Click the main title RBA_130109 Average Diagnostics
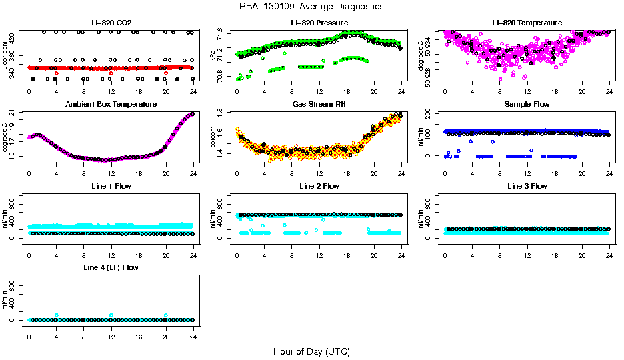tap(312, 7)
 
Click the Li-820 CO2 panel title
tap(111, 23)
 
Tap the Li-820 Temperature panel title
tap(527, 23)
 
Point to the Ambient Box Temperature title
tap(111, 105)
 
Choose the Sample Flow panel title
tap(527, 105)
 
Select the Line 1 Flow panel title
tap(111, 186)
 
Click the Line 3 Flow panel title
tap(527, 186)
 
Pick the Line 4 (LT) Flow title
tap(111, 267)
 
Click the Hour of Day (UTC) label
tap(311, 351)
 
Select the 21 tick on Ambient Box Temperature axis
tap(16, 115)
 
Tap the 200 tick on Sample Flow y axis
tap(432, 113)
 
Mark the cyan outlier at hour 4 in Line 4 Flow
tap(57, 315)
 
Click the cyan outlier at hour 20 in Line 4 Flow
tap(166, 315)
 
